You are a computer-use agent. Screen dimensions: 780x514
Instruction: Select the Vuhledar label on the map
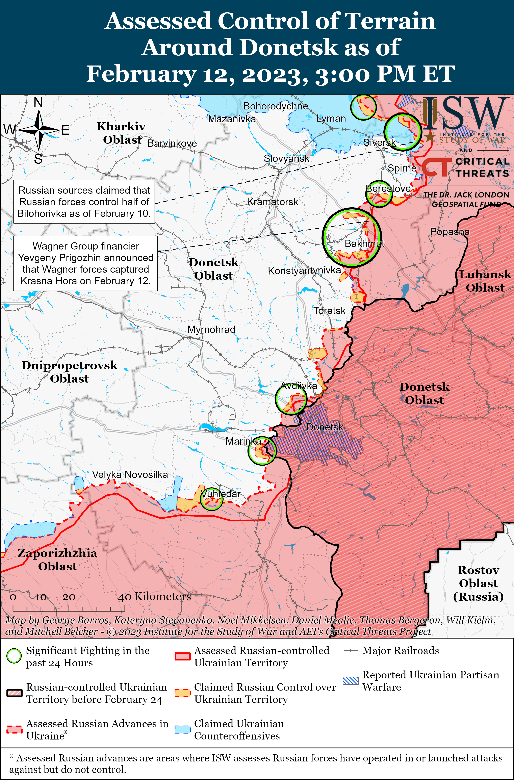pos(221,494)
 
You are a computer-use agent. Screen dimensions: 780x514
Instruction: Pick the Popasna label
pos(450,232)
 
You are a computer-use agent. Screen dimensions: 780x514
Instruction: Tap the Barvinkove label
pos(172,143)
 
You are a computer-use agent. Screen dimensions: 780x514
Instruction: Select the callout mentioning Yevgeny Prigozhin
pos(85,263)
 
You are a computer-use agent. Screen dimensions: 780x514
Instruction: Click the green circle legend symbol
pos(14,656)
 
